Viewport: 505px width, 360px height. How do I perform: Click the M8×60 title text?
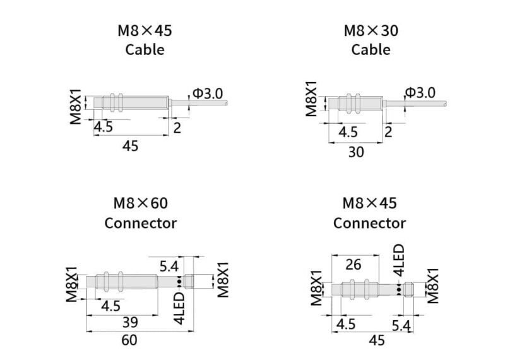(141, 203)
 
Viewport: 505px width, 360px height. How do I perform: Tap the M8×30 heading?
(371, 31)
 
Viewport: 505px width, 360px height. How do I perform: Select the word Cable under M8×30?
(371, 50)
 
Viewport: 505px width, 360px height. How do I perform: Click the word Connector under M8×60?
(141, 223)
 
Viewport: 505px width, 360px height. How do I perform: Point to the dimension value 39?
(130, 322)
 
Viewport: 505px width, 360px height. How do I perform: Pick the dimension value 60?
(129, 340)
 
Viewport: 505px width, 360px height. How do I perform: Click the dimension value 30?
(356, 152)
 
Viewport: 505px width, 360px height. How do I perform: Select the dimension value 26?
(353, 265)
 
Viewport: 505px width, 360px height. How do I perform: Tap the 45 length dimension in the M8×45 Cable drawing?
(130, 146)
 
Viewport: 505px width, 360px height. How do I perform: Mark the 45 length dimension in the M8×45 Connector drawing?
(377, 340)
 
